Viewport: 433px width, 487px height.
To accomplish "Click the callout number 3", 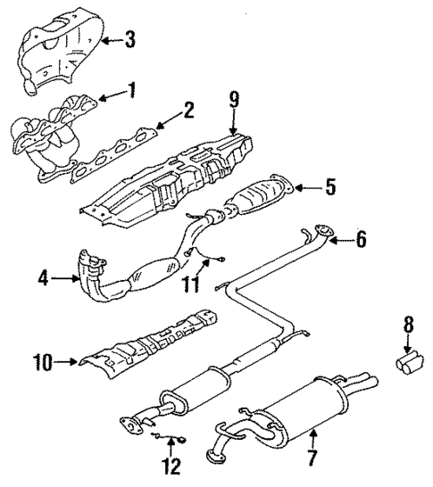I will (x=130, y=40).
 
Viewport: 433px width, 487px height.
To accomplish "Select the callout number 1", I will (x=132, y=91).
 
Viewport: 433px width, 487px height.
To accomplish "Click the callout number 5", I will (x=330, y=187).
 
